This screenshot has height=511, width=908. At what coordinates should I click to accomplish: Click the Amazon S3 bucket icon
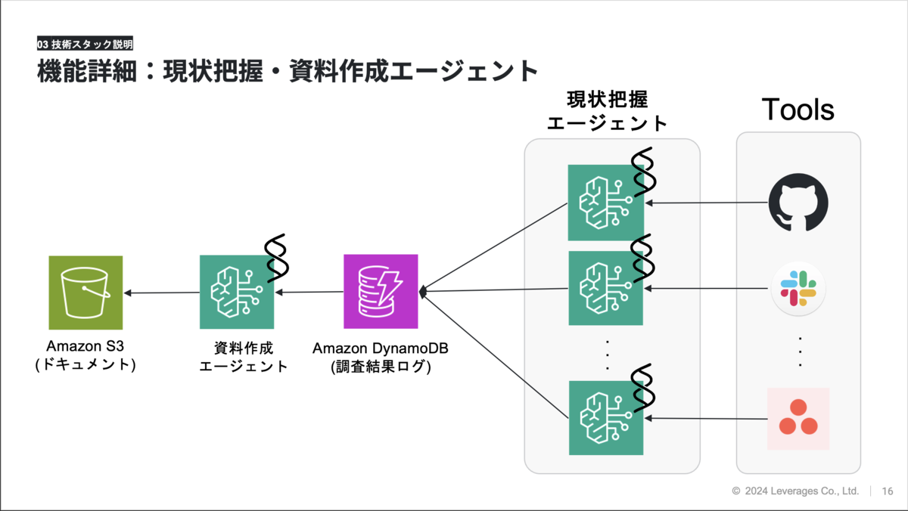point(86,293)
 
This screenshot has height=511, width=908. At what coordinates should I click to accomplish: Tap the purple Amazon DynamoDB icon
point(381,291)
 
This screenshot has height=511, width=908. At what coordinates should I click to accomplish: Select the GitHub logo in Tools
point(798,203)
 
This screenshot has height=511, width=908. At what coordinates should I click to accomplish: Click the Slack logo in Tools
point(798,288)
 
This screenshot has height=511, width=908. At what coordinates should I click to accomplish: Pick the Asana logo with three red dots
point(798,419)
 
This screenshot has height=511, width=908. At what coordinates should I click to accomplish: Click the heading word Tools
point(798,110)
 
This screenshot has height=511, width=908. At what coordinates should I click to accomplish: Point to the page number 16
point(888,491)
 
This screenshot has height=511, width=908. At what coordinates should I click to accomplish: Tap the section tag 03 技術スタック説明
point(85,44)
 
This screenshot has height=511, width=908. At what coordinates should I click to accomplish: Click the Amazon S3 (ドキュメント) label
point(85,355)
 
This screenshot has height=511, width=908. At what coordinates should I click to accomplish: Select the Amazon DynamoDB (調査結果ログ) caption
point(380,357)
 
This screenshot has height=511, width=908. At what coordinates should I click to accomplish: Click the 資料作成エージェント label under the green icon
point(243,357)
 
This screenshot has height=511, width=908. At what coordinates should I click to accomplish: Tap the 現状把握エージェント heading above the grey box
point(607,111)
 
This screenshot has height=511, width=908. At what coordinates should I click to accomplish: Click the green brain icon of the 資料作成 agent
point(237,292)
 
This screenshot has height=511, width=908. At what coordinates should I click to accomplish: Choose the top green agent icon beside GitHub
point(606,203)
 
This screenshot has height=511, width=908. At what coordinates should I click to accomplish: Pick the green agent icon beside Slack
point(605,288)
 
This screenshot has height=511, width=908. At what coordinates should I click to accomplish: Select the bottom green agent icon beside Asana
point(606,418)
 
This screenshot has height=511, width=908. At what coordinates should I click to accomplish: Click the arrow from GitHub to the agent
point(707,203)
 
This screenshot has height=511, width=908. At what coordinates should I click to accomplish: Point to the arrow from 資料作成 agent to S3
point(161,293)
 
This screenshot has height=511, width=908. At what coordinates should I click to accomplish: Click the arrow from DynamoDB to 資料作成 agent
point(309,292)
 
